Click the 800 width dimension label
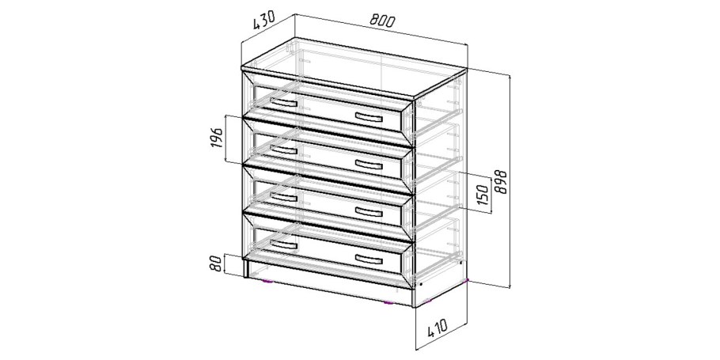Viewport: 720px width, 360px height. click(x=382, y=21)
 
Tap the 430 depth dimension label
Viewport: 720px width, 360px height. click(x=263, y=21)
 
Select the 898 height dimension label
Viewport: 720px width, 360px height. click(x=501, y=181)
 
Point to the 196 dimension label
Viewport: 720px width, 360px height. click(x=217, y=138)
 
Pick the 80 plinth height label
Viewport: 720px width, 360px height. click(x=217, y=263)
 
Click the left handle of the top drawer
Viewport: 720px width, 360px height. click(x=284, y=102)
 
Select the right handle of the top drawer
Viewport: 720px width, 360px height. click(x=369, y=118)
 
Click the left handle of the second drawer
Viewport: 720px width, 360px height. click(x=284, y=150)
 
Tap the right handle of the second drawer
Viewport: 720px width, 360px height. click(x=369, y=165)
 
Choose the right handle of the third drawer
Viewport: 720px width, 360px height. click(x=369, y=211)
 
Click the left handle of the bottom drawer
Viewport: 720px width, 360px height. click(x=284, y=244)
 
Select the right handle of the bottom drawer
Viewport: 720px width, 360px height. click(x=369, y=259)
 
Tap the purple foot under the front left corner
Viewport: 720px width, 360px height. click(x=267, y=281)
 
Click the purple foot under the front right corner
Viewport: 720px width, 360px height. click(x=388, y=303)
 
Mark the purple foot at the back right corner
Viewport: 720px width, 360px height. click(x=467, y=279)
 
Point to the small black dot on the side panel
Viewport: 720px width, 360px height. click(x=421, y=284)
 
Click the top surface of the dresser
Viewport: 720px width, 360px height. click(x=354, y=68)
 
